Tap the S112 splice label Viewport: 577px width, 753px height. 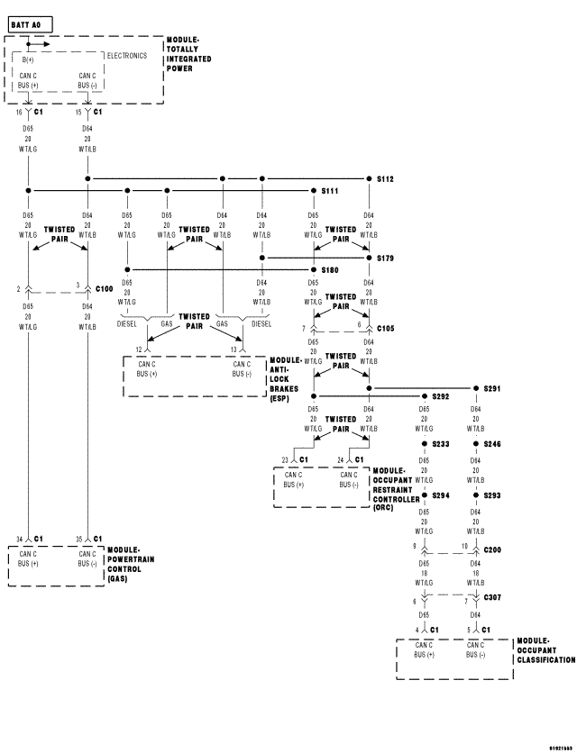386,178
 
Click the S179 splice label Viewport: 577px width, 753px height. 386,258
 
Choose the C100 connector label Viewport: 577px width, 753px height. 104,288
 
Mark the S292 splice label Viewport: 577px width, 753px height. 440,395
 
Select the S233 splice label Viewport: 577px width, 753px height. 440,444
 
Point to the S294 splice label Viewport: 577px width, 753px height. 440,495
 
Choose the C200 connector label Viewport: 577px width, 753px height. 493,548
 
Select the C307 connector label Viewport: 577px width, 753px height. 493,597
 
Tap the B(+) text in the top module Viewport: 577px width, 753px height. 29,59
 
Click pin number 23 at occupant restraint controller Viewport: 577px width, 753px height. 286,459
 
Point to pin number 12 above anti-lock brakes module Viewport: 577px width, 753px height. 139,349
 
